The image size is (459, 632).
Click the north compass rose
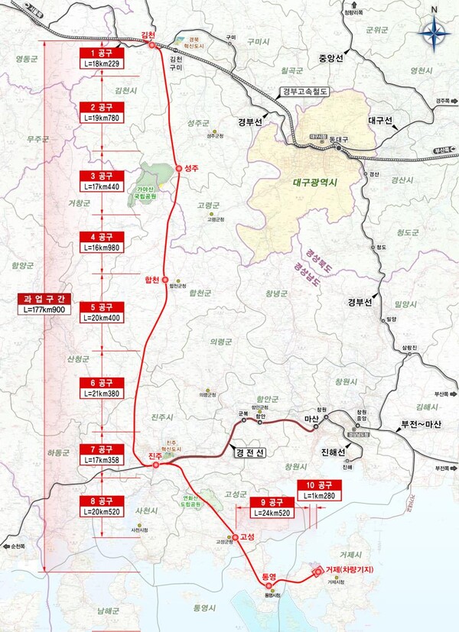point(434,31)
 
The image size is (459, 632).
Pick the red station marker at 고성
point(236,536)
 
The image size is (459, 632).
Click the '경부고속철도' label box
point(303,92)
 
